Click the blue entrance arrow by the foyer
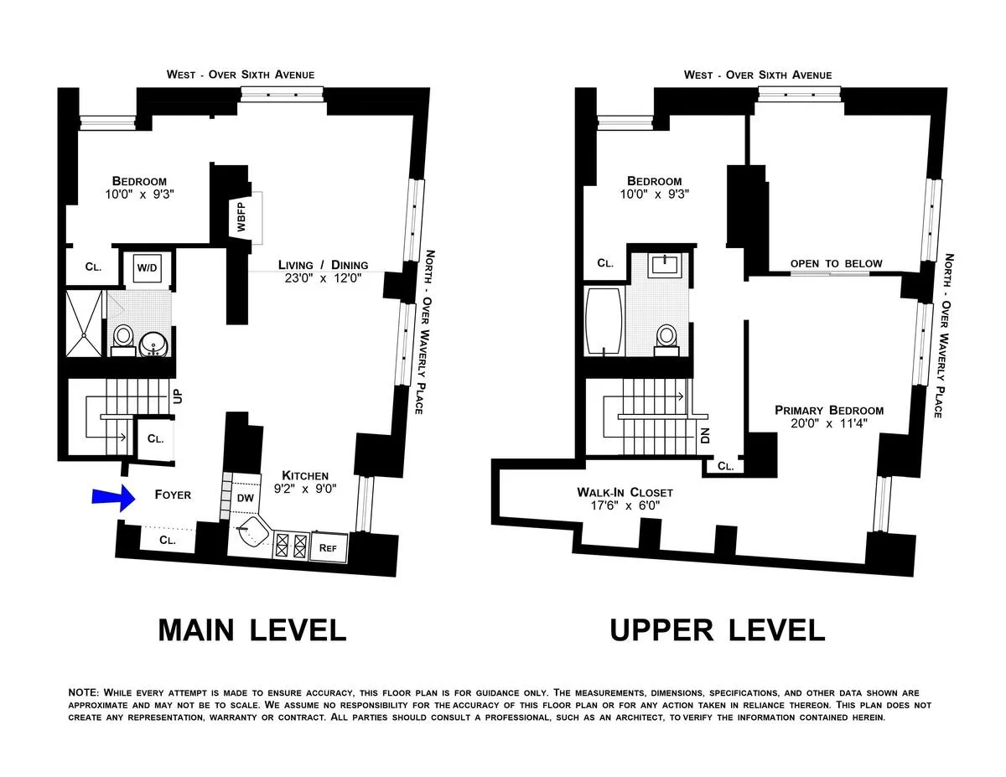coord(111,498)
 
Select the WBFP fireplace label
coord(241,215)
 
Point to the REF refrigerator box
coord(329,547)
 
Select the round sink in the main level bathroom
coord(153,343)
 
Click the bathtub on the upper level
coord(604,321)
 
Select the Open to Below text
coord(836,264)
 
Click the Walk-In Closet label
coord(624,492)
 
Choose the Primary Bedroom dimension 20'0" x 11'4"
coord(828,424)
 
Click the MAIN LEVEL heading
coord(252,629)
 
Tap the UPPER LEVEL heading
coord(717,629)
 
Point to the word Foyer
coord(173,495)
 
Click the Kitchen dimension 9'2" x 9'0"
coord(304,489)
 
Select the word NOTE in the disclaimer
coord(83,693)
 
